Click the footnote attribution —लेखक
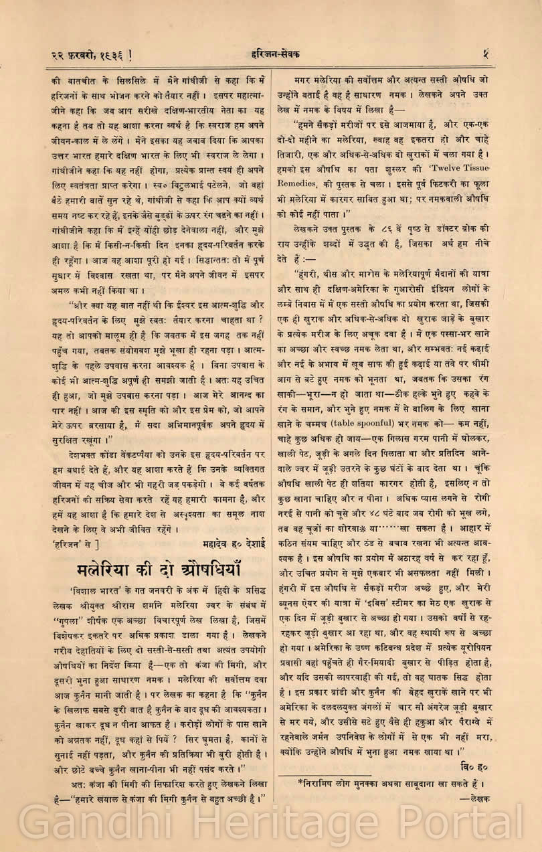[474, 798]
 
